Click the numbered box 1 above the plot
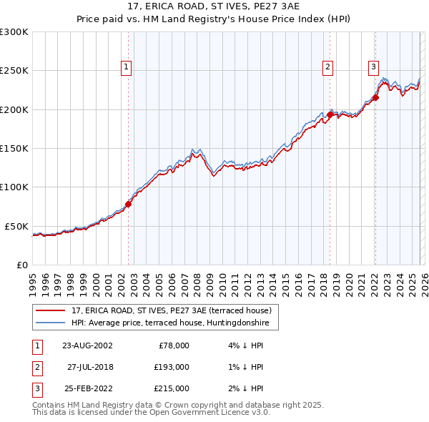pos(126,67)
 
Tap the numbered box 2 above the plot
pos(327,67)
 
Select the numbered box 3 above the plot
pos(373,67)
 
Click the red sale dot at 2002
pos(129,204)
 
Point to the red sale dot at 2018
pos(330,114)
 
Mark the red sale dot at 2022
pos(376,98)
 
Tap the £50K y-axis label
pos(16,225)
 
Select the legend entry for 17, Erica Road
pos(171,310)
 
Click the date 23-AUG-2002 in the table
pos(87,345)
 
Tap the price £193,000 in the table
pos(172,367)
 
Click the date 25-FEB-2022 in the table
pos(87,388)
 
